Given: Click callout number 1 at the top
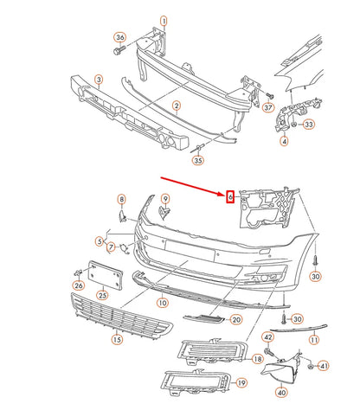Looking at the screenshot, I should coord(164,20).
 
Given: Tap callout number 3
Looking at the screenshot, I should coord(100,80).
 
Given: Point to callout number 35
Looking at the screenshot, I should coord(198,161).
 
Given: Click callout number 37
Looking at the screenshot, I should coord(268,108).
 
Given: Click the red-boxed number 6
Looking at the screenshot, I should coord(230,195).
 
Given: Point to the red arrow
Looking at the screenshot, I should coord(192,187).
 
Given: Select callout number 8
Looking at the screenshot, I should coord(121,200).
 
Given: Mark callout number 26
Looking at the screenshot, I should coord(79,285).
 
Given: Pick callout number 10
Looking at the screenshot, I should coord(162,304).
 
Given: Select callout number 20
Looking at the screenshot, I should coord(235,319).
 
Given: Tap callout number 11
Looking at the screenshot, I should coord(314,341).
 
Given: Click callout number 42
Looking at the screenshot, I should coord(267,336).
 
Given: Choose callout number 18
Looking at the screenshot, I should coord(257,358).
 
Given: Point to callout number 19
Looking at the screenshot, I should coord(241,382).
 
